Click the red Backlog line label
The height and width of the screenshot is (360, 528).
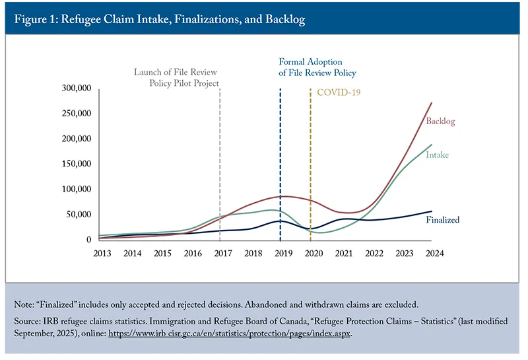440,121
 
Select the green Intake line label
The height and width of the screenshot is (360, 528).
438,155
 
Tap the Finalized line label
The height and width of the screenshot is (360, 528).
443,220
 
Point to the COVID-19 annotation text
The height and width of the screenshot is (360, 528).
339,92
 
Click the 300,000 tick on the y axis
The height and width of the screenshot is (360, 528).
77,88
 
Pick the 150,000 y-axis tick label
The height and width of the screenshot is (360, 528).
77,164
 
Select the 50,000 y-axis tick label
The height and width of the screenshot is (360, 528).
79,215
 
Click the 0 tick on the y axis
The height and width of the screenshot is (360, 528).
89,240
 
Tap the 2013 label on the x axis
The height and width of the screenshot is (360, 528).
102,254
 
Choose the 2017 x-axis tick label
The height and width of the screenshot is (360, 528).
223,254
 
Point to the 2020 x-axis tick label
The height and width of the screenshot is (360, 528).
313,254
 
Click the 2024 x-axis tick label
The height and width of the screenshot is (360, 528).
435,254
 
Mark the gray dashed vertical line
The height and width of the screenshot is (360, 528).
220,165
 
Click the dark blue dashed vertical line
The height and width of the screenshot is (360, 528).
280,165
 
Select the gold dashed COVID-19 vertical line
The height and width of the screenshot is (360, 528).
310,165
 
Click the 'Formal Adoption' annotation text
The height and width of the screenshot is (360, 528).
310,61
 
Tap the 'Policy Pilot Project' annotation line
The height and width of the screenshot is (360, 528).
184,83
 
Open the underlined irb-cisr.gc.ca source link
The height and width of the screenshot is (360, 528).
230,334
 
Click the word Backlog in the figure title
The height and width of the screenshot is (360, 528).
285,19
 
